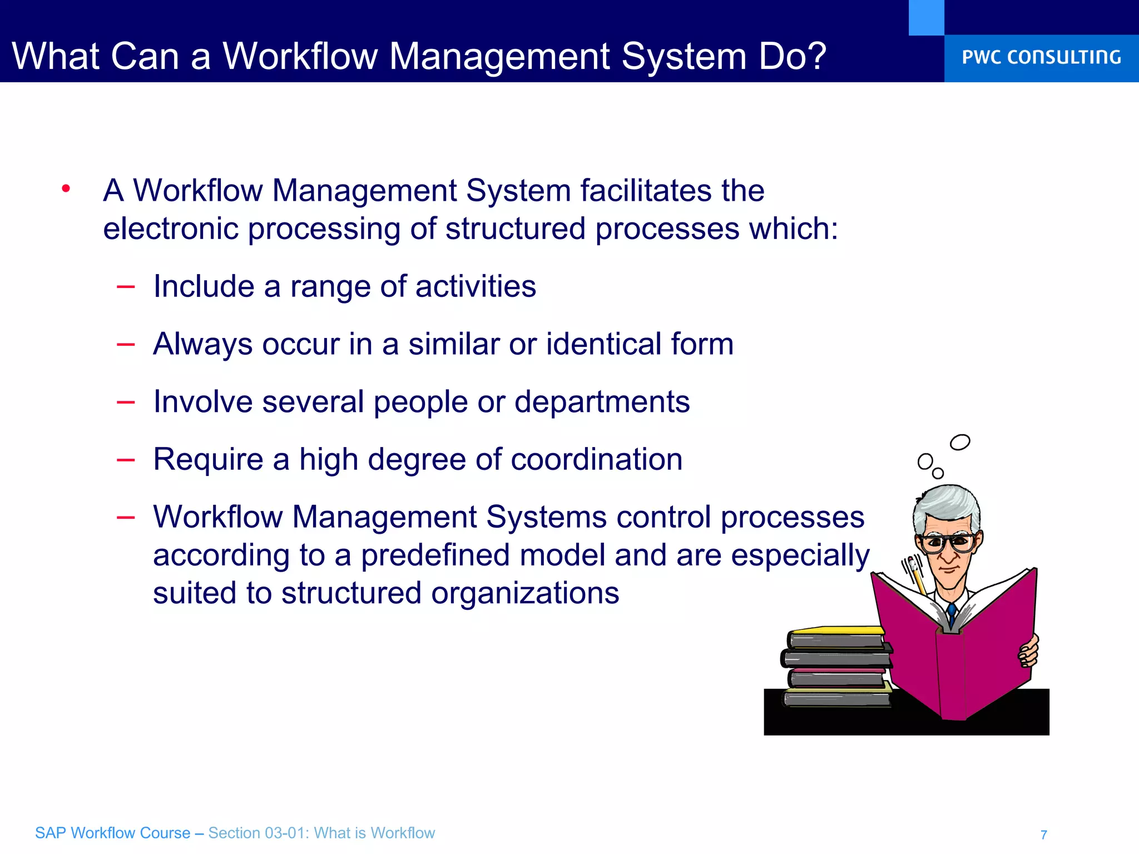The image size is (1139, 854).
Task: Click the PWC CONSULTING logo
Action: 1041,57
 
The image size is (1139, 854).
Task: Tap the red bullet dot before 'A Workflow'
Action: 66,188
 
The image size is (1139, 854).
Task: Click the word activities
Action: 476,286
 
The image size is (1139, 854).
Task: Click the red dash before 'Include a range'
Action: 126,287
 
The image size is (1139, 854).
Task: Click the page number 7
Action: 1044,835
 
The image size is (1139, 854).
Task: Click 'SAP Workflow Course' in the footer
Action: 112,833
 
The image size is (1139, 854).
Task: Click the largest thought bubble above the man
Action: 960,443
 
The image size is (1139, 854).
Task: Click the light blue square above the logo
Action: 926,17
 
